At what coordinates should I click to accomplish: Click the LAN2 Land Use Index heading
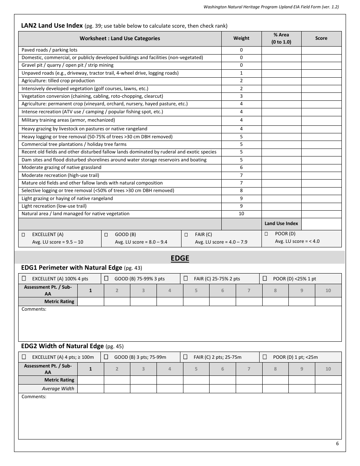52,26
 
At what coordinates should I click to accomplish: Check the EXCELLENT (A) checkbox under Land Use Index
23,235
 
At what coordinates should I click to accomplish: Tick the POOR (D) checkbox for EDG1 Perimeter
265,278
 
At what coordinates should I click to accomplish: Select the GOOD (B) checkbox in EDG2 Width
106,357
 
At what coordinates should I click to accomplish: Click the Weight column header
241,38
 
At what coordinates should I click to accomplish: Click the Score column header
321,38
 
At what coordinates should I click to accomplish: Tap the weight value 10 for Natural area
241,214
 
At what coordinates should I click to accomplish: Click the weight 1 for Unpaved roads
241,73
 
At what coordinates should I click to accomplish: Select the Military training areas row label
68,120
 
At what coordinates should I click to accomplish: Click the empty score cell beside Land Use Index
321,224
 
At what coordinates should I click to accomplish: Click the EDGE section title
180,258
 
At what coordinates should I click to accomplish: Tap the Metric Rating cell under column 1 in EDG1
91,302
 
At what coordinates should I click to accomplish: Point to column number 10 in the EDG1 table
328,291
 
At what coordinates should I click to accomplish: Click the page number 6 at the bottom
337,444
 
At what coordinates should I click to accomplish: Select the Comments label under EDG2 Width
34,397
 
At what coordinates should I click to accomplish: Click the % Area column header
281,38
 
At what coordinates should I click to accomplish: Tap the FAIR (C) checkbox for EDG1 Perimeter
185,278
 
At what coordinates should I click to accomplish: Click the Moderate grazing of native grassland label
61,167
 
